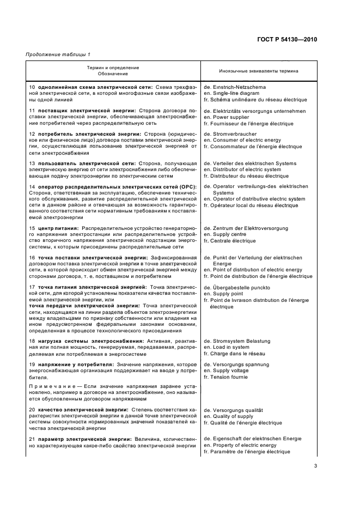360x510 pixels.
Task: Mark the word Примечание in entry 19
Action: [45, 386]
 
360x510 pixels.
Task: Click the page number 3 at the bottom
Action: [315, 466]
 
